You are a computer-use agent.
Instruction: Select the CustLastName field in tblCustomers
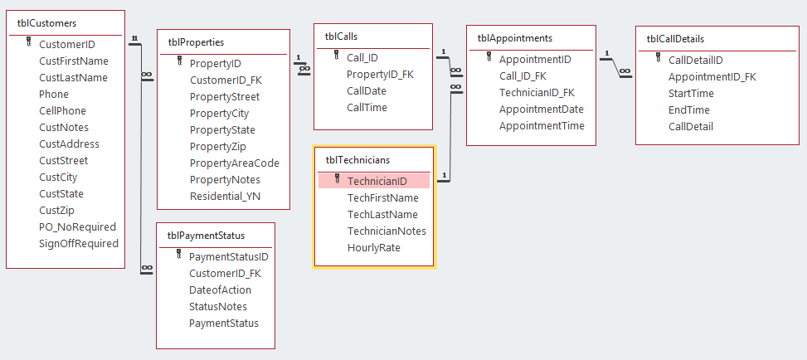[x=73, y=78]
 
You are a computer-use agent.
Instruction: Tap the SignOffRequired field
[x=79, y=244]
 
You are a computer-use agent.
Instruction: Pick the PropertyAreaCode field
[x=234, y=163]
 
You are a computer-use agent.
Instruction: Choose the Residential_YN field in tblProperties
[x=225, y=197]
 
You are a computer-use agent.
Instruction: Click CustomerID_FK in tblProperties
[x=226, y=80]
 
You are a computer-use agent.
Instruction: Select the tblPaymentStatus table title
[x=206, y=236]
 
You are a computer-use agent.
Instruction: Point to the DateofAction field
[x=220, y=290]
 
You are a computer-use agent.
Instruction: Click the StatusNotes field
[x=218, y=307]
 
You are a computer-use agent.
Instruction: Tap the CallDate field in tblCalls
[x=367, y=91]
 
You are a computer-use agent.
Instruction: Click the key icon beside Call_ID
[x=337, y=56]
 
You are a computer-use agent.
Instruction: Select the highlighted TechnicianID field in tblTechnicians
[x=377, y=181]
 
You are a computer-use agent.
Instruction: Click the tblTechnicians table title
[x=357, y=159]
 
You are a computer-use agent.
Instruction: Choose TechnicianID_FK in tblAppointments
[x=537, y=93]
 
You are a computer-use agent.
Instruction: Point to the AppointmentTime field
[x=542, y=126]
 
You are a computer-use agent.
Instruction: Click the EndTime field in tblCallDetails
[x=688, y=110]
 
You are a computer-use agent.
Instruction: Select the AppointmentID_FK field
[x=712, y=77]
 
